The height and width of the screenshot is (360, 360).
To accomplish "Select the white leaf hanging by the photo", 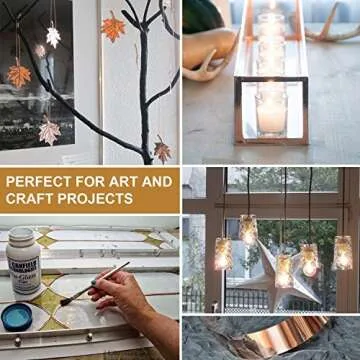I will pos(53,36).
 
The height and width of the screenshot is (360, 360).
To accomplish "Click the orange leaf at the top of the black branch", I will pos(113,27).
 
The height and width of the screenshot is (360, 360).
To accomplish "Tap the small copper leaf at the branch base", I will pos(161,150).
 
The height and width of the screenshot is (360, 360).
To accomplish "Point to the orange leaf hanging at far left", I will pos(18,74).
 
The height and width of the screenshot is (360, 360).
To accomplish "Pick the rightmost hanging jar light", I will pos(343,252).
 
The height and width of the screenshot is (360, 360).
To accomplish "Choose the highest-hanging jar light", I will pos(248,229).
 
